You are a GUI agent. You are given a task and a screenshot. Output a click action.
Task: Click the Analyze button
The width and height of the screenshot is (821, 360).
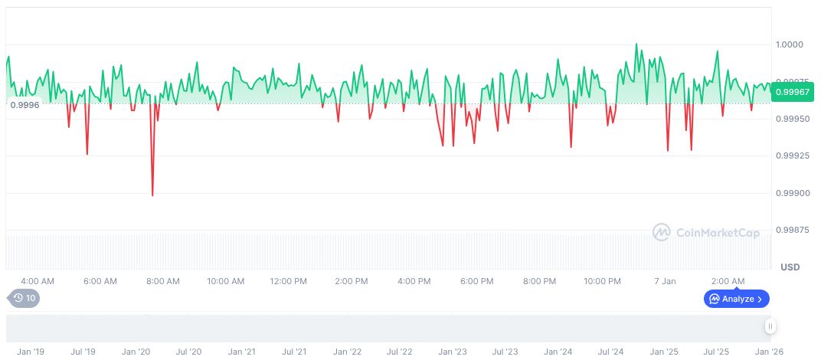click(x=736, y=299)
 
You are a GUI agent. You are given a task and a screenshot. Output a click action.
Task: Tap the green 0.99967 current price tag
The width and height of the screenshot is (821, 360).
click(x=793, y=92)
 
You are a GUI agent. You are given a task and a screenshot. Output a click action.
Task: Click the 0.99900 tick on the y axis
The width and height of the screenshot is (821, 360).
click(x=791, y=193)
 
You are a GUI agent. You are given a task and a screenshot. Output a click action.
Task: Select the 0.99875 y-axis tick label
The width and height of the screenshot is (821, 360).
click(x=791, y=230)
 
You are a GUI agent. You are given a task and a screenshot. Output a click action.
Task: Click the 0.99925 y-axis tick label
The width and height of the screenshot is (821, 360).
click(x=791, y=155)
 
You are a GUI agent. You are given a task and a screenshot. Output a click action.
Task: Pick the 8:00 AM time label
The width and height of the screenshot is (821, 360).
click(x=163, y=281)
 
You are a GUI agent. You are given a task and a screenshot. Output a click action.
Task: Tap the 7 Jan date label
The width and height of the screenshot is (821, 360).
click(x=664, y=281)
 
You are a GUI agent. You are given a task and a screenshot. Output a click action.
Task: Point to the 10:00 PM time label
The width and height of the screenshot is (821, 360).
click(x=603, y=281)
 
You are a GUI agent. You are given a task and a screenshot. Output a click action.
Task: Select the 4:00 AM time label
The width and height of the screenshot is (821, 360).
click(x=38, y=281)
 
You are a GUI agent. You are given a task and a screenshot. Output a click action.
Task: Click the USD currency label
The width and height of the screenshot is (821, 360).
click(x=790, y=267)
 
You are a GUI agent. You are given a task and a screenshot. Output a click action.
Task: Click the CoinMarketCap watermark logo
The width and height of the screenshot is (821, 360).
click(x=705, y=232)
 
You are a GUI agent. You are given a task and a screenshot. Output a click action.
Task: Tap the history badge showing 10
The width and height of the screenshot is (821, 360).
click(x=24, y=298)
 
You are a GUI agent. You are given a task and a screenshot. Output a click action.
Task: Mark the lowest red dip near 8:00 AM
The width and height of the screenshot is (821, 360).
click(x=152, y=195)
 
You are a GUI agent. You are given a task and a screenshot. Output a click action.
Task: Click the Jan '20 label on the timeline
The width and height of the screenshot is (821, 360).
click(x=136, y=352)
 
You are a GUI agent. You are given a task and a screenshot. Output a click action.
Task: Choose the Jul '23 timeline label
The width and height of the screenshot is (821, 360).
click(x=505, y=352)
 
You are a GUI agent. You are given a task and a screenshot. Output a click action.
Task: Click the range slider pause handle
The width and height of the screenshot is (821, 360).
click(x=770, y=327)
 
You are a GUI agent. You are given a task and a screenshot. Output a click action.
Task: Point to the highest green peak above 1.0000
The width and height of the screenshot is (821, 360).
click(x=636, y=44)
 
